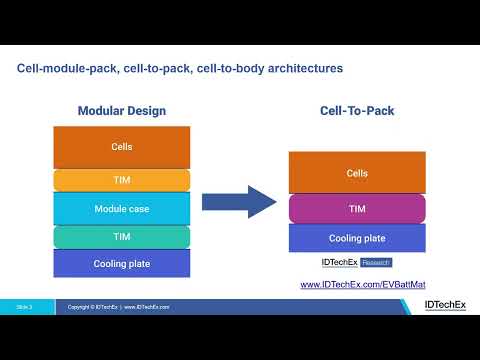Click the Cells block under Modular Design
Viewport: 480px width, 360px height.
(121, 147)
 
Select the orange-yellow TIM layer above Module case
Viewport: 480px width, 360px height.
(121, 179)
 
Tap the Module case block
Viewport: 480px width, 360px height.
(121, 208)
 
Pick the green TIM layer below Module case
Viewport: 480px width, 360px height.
(121, 237)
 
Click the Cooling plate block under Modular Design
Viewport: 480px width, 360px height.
(121, 263)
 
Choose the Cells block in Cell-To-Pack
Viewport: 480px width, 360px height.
(357, 173)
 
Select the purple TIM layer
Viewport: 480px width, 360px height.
(357, 208)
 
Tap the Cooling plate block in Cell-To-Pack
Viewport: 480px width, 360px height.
(357, 238)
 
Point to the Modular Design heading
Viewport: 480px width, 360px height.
(121, 110)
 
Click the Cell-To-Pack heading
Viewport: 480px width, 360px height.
(357, 110)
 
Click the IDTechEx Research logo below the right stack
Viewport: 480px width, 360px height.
(356, 263)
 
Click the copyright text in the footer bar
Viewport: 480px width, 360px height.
(118, 306)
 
